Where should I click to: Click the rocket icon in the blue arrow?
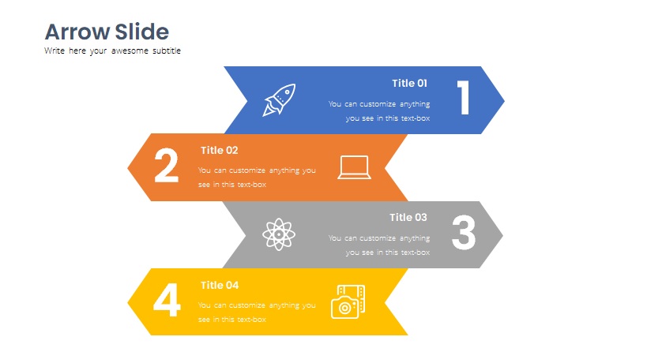pyautogui.click(x=280, y=100)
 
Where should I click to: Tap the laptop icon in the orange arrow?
pyautogui.click(x=355, y=167)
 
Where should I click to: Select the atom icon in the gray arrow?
pyautogui.click(x=279, y=234)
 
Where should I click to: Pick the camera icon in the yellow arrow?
pyautogui.click(x=348, y=301)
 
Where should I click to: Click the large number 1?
pyautogui.click(x=464, y=97)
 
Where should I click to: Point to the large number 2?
pyautogui.click(x=166, y=165)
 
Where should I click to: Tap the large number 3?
pyautogui.click(x=464, y=232)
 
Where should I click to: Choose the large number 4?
pyautogui.click(x=167, y=300)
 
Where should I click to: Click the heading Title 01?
pyautogui.click(x=409, y=83)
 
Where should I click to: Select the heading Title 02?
pyautogui.click(x=219, y=151)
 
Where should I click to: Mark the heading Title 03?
pyautogui.click(x=408, y=218)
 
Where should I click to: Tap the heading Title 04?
pyautogui.click(x=220, y=285)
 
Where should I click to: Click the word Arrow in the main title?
pyautogui.click(x=77, y=32)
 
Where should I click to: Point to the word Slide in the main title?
pyautogui.click(x=142, y=32)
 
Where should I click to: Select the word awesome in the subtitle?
pyautogui.click(x=130, y=51)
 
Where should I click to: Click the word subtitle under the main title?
pyautogui.click(x=167, y=51)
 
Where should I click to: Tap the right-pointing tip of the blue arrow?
pyautogui.click(x=504, y=100)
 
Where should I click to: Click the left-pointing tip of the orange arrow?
pyautogui.click(x=128, y=168)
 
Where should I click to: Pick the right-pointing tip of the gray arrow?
pyautogui.click(x=503, y=235)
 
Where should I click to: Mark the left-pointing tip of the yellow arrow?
pyautogui.click(x=128, y=302)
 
